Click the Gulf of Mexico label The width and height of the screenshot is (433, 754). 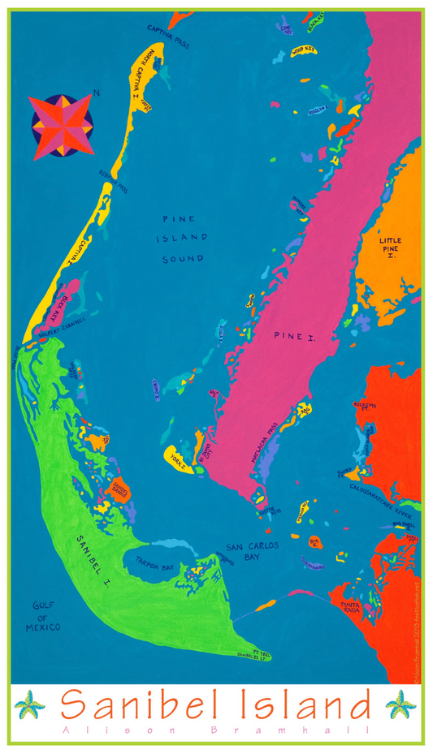point(48,616)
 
